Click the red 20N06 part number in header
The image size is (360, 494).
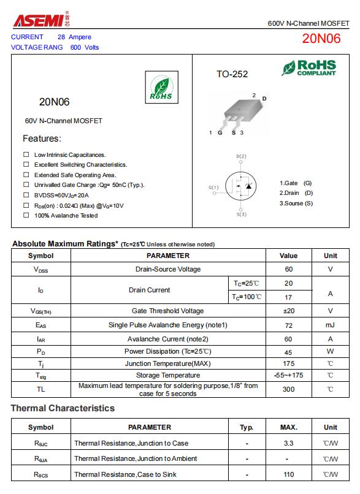pos(321,39)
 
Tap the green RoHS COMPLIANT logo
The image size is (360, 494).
pos(308,68)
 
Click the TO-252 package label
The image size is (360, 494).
pos(232,74)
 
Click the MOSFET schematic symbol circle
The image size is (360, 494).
pos(241,186)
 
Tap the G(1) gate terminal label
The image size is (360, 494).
pos(213,187)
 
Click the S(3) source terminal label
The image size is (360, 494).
pos(241,215)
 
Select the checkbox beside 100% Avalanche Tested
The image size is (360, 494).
pos(26,215)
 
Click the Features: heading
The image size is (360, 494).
pos(42,139)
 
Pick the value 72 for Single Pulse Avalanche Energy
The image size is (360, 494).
pos(288,325)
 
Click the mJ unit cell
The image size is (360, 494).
pos(330,325)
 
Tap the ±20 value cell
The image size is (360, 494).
pos(288,311)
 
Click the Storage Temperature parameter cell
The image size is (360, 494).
pos(168,375)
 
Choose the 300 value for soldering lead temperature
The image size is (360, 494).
pos(288,389)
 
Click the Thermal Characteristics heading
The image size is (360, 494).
pos(63,408)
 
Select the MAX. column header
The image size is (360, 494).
pos(288,427)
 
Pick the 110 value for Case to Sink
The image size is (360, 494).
pos(288,474)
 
